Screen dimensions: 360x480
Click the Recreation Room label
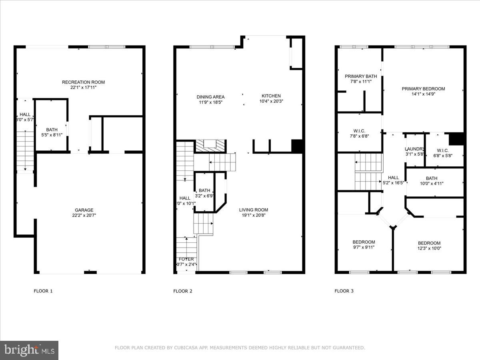tap(83, 82)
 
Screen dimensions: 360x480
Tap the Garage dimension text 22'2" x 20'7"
tap(84, 215)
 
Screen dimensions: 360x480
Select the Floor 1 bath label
tap(52, 130)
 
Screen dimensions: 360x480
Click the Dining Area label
tap(210, 97)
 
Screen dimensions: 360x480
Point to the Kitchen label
tap(271, 96)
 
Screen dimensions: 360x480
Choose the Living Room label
tap(254, 210)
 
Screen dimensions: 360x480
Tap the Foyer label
tap(186, 259)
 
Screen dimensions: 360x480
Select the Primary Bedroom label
tap(423, 89)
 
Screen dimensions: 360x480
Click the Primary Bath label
tap(361, 76)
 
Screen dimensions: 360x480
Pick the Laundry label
tap(414, 149)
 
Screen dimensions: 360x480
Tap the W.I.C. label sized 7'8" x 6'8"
tap(359, 131)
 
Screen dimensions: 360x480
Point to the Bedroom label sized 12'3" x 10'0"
tap(429, 243)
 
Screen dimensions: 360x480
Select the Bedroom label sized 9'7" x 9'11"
tap(364, 242)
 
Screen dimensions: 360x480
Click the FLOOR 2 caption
tap(183, 291)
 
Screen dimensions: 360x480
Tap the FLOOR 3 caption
tap(344, 291)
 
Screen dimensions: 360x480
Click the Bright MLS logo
tap(29, 350)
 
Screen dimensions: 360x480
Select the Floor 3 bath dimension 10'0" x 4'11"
tap(432, 184)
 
